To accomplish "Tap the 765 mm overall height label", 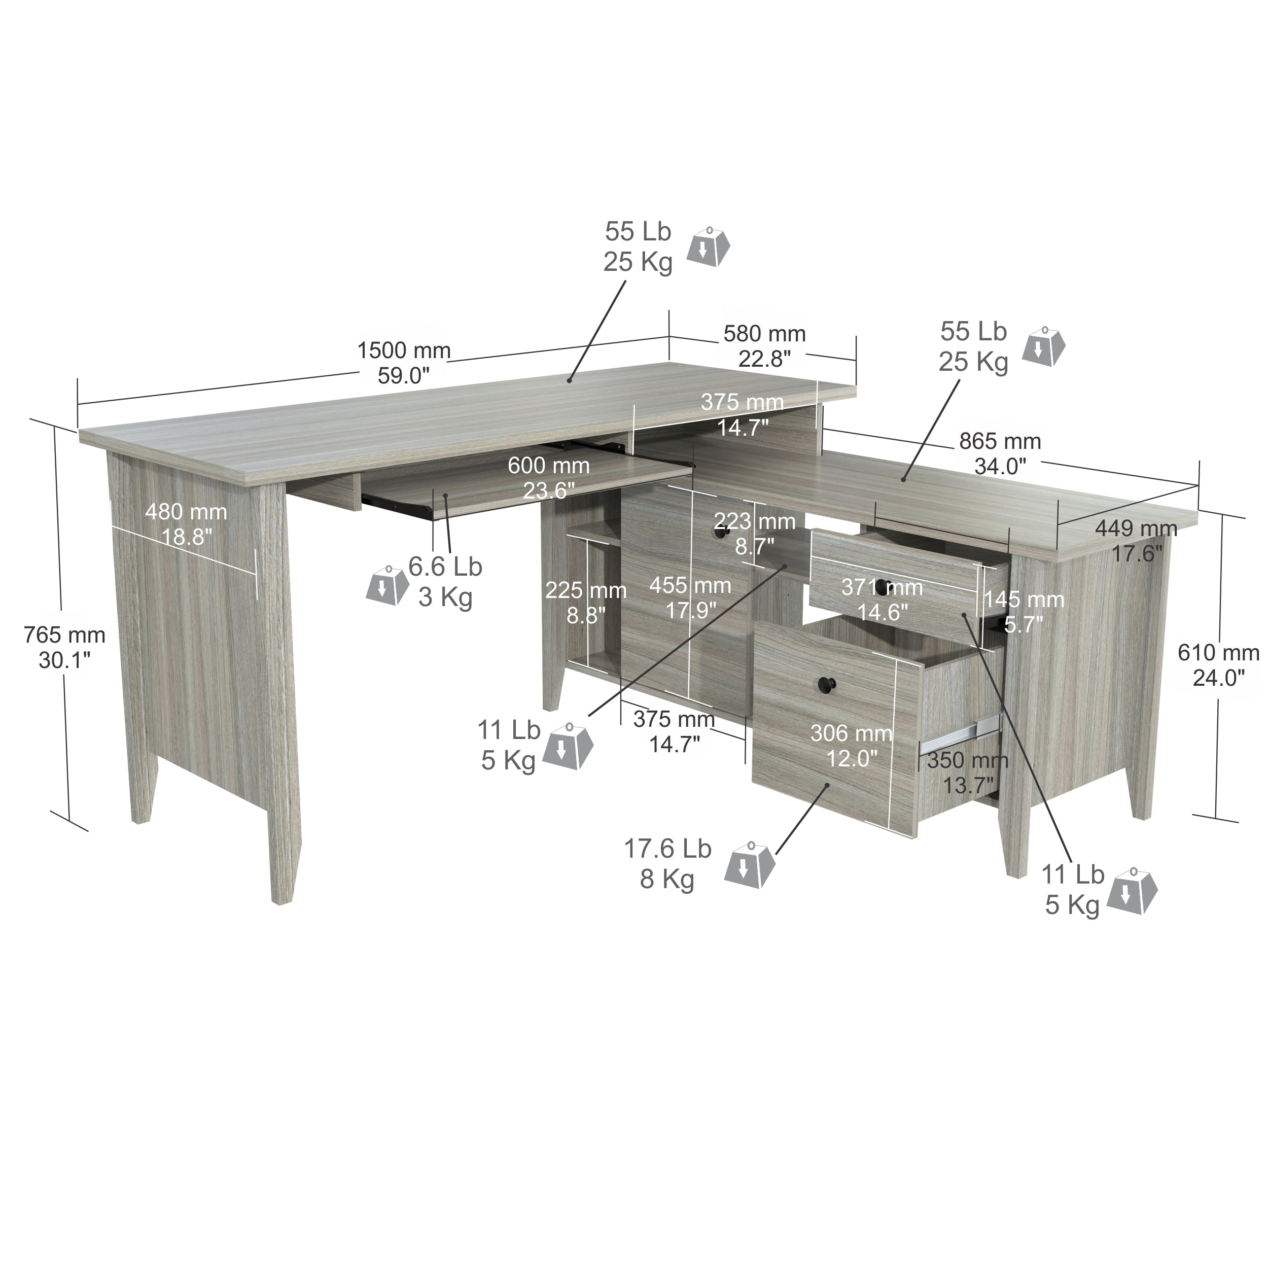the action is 64,647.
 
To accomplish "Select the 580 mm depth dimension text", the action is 765,346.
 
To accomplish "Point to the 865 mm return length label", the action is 1000,453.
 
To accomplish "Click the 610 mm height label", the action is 1218,665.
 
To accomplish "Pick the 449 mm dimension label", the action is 1136,540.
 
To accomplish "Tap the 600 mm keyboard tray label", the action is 549,478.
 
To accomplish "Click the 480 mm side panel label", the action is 186,524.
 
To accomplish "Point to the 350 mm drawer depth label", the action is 967,772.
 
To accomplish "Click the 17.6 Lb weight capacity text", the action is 667,864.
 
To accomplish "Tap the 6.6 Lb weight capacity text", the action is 446,581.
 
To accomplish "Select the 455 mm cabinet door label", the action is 690,597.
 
